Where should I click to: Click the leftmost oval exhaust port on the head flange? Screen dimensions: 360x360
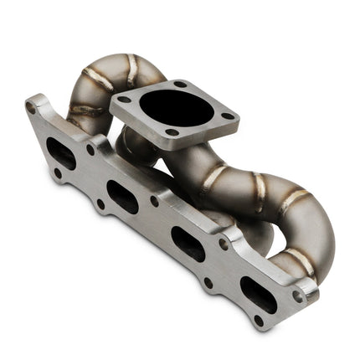(x=60, y=153)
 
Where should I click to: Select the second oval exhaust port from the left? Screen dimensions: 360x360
(x=123, y=197)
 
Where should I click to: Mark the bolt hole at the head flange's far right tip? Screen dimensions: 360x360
(x=298, y=296)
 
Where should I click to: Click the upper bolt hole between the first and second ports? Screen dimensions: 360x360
(x=90, y=151)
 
